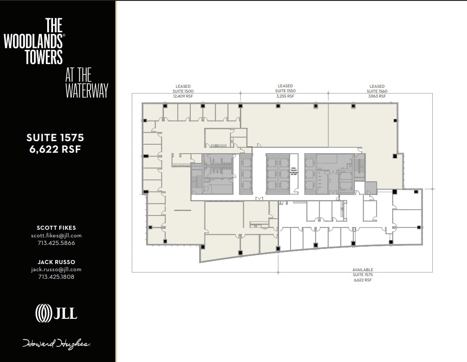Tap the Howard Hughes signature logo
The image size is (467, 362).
57,343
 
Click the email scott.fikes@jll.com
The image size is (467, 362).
56,236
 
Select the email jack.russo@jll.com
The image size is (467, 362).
56,269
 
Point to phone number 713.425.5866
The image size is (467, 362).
56,243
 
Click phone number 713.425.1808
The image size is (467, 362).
56,277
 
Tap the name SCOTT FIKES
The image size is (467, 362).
56,228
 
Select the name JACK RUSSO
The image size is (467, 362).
56,262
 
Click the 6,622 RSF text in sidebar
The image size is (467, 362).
55,150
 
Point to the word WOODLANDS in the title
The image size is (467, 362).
33,41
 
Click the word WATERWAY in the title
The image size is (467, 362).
87,90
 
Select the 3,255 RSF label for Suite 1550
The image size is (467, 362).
285,96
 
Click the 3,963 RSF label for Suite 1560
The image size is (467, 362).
377,96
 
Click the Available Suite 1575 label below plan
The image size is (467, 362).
363,275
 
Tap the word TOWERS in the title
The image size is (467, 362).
44,57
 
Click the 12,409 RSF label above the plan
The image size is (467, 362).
183,96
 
